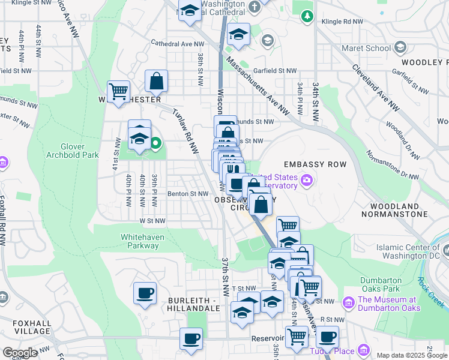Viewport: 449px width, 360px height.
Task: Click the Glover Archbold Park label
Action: click(71, 150)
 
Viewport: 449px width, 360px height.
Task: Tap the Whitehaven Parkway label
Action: click(142, 241)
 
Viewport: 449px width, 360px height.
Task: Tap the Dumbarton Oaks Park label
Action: click(385, 285)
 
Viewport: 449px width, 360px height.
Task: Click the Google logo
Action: click(20, 353)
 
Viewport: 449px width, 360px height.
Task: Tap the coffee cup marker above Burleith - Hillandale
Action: click(145, 293)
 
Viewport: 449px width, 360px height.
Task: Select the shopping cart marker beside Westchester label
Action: click(119, 92)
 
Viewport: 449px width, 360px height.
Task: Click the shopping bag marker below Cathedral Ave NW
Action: click(156, 80)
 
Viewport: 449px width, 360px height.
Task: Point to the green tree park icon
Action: click(307, 15)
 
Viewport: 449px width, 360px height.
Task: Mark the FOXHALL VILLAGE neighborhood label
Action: click(25, 326)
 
